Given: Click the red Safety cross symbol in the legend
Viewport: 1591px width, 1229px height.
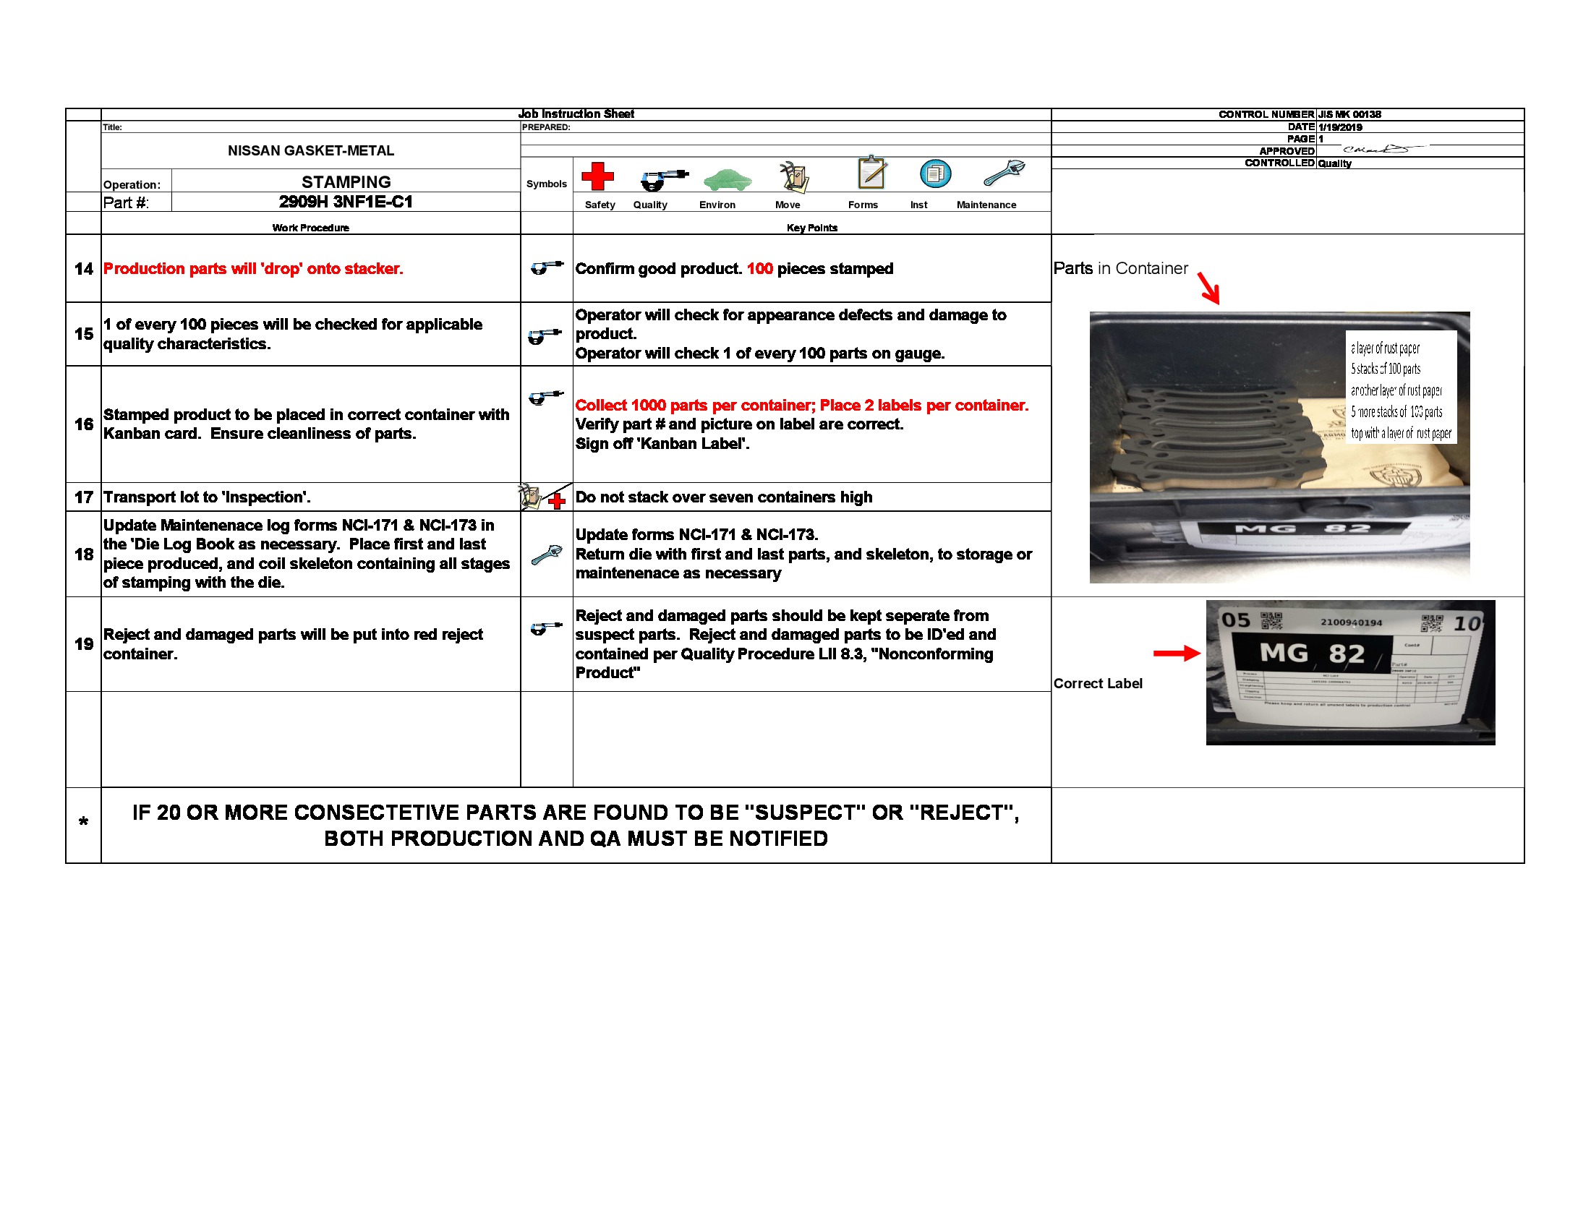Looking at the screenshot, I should pos(597,176).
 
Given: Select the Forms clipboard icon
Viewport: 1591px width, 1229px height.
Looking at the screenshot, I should pos(871,174).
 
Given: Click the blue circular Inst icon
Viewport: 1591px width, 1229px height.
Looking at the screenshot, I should pos(935,174).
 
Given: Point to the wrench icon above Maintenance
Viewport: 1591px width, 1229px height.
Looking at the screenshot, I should pos(1004,174).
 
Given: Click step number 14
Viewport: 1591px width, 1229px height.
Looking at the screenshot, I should pos(84,269).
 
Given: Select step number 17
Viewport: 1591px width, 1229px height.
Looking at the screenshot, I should pos(84,497).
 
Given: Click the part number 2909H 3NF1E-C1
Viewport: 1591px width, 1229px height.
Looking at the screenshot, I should pos(345,202).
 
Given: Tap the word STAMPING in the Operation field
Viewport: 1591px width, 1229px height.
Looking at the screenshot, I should pos(346,182).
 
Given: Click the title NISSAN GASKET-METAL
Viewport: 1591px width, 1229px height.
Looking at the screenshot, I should pos(310,150).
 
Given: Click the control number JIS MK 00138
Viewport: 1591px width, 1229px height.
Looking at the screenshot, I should pos(1349,114).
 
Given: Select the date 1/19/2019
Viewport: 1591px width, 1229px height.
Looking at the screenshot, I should pos(1339,127).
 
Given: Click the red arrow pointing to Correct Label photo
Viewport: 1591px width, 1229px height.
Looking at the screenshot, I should pos(1176,653).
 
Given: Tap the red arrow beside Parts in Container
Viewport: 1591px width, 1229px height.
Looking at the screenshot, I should pos(1208,288).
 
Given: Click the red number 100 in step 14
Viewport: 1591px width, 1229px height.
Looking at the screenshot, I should pos(759,269).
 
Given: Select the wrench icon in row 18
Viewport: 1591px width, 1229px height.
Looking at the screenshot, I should pos(546,554).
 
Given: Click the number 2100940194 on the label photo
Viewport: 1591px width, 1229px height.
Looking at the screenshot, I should pos(1352,622).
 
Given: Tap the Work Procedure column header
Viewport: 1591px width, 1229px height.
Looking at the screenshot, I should pos(310,228).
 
